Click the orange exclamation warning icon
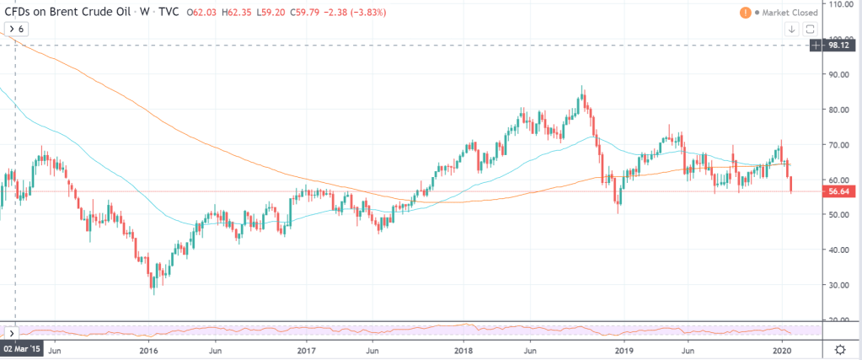point(745,13)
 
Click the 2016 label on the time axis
point(148,348)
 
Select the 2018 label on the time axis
point(464,348)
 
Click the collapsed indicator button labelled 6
point(17,29)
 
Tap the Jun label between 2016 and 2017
point(216,348)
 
